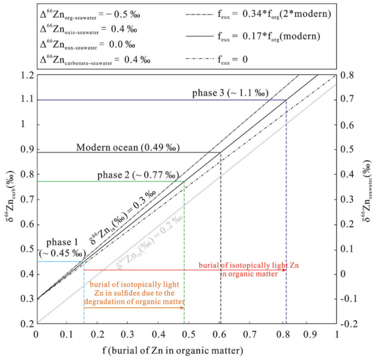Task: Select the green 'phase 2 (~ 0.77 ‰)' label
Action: (x=138, y=175)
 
